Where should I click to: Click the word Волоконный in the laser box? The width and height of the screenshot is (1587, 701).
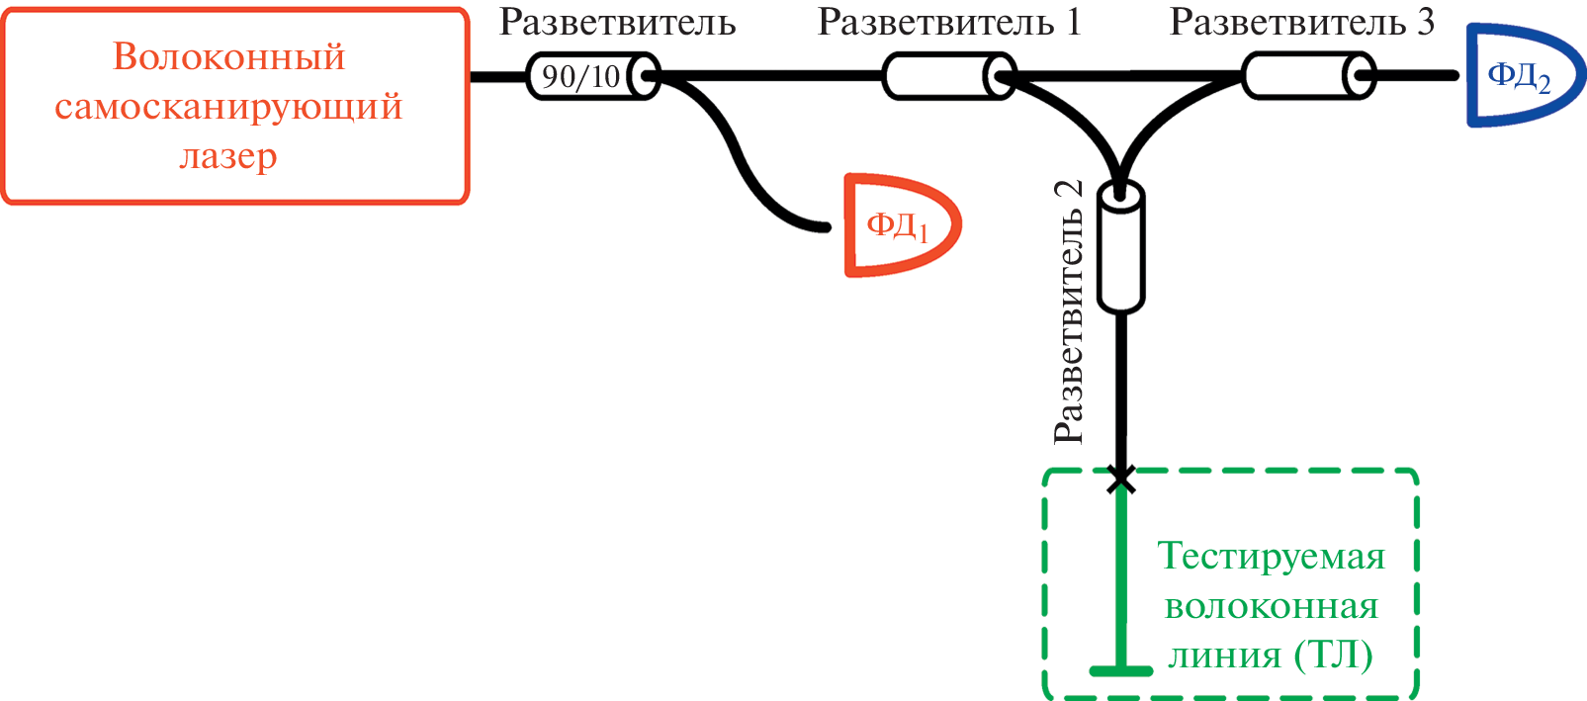click(229, 57)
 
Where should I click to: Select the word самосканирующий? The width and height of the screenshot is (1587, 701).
click(228, 106)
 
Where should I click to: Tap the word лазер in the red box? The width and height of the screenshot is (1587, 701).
click(228, 156)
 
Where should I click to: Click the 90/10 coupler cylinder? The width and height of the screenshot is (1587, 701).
click(591, 76)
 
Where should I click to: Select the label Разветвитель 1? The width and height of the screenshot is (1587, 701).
click(949, 22)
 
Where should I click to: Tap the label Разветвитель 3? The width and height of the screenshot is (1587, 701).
click(1301, 22)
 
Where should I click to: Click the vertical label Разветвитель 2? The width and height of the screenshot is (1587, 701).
click(1069, 312)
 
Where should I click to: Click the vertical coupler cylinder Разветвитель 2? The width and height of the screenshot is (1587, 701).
click(1121, 247)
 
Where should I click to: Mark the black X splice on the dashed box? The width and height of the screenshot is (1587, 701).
click(1121, 480)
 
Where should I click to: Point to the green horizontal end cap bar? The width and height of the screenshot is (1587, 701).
click(1121, 671)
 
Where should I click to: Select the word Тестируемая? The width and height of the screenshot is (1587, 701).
click(1272, 557)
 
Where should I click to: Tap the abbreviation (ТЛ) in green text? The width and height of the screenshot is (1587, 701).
click(1334, 656)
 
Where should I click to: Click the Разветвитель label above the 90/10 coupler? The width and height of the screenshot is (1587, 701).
click(617, 22)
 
